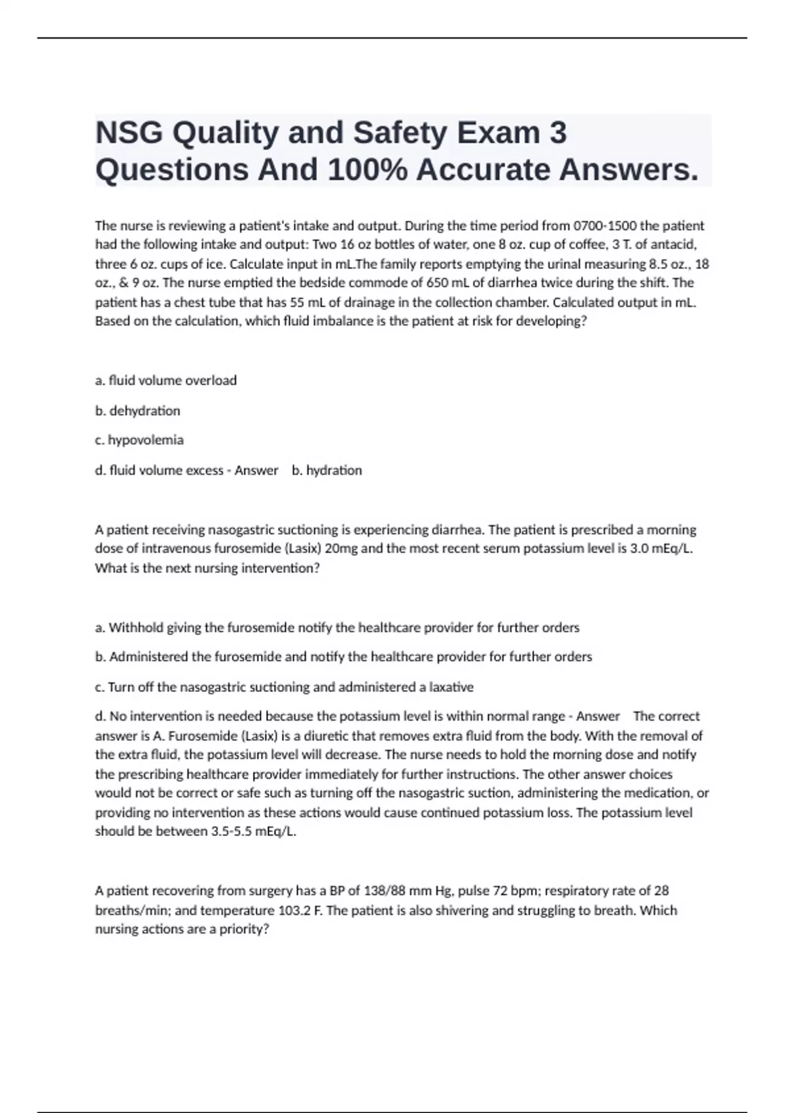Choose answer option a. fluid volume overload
(x=166, y=380)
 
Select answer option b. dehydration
(x=137, y=411)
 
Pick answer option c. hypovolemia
(x=139, y=440)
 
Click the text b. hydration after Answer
(x=326, y=470)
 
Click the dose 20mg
(x=341, y=549)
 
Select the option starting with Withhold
(x=337, y=628)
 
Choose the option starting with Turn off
(x=284, y=687)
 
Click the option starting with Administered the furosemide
(x=343, y=657)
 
